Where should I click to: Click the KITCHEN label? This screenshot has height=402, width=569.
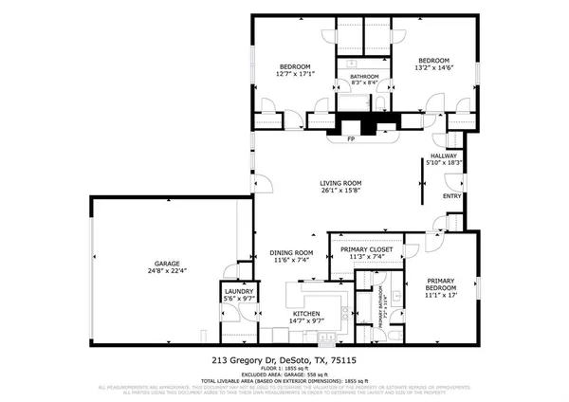tap(306, 314)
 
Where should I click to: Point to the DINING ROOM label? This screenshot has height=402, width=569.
tap(291, 251)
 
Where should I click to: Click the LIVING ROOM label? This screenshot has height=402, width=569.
tap(340, 183)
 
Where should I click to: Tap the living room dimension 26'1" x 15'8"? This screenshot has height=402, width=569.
tap(340, 192)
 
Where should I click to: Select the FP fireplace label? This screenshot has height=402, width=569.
tap(351, 139)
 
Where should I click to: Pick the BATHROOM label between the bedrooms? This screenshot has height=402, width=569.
tap(365, 76)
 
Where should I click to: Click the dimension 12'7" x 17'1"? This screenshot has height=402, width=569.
tap(295, 73)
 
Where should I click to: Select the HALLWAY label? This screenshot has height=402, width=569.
tap(445, 155)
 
